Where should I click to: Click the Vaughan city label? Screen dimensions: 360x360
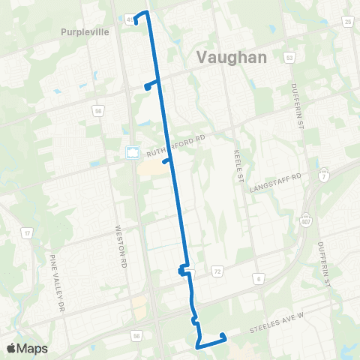[232, 57]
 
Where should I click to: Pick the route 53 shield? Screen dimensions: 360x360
[289, 57]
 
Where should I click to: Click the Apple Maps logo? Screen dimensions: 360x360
[26, 348]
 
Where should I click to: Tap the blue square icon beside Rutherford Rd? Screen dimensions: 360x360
[133, 151]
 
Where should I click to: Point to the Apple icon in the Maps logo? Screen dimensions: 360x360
[11, 348]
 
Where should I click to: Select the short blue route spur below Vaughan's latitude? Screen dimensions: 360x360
[151, 85]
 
